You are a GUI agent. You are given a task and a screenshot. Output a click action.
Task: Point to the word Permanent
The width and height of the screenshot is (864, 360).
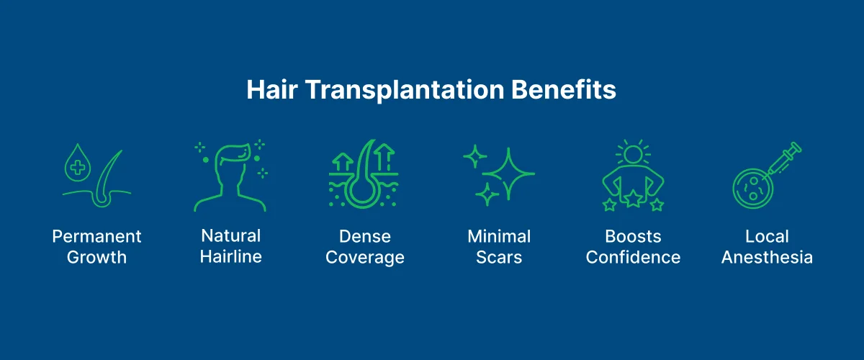point(97,237)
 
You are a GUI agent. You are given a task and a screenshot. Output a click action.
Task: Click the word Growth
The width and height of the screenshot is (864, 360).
point(97,257)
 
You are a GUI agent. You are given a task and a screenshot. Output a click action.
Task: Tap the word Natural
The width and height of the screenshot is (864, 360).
point(231,236)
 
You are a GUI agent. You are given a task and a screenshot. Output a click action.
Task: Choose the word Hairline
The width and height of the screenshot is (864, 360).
point(231,256)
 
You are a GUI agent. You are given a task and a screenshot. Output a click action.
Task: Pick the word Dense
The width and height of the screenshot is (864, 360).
point(365,237)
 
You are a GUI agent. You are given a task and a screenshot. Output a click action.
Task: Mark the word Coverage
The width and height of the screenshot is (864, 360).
point(365,257)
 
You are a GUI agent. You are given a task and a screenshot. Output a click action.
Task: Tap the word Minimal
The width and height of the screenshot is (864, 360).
point(499,237)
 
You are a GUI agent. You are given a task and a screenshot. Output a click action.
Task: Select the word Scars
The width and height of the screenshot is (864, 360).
point(499,257)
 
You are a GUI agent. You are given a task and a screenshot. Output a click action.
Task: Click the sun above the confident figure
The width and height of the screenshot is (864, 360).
point(633,153)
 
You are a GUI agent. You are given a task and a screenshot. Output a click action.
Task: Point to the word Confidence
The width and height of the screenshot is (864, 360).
point(633,257)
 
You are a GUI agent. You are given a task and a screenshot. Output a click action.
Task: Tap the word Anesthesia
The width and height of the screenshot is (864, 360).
point(767,257)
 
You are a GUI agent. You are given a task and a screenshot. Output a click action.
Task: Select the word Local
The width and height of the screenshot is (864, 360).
point(767,237)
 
